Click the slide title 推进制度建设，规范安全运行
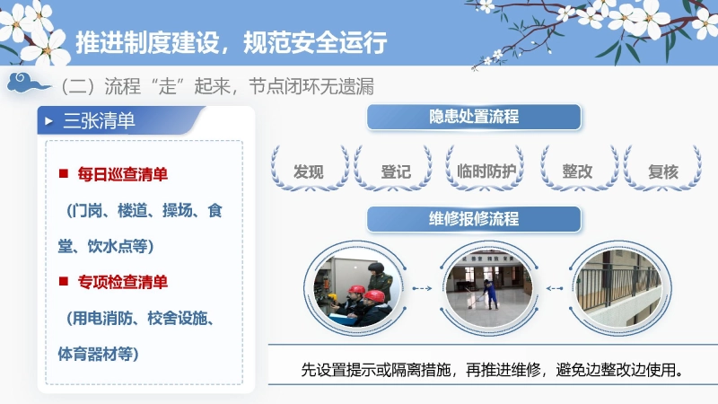pyautogui.click(x=231, y=42)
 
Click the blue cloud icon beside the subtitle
pyautogui.click(x=26, y=85)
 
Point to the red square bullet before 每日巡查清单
pyautogui.click(x=64, y=173)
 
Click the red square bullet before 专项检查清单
pyautogui.click(x=64, y=282)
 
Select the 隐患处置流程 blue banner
pyautogui.click(x=474, y=117)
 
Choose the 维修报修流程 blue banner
pyautogui.click(x=474, y=219)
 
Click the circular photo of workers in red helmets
pyautogui.click(x=356, y=288)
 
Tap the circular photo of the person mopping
pyautogui.click(x=490, y=288)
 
